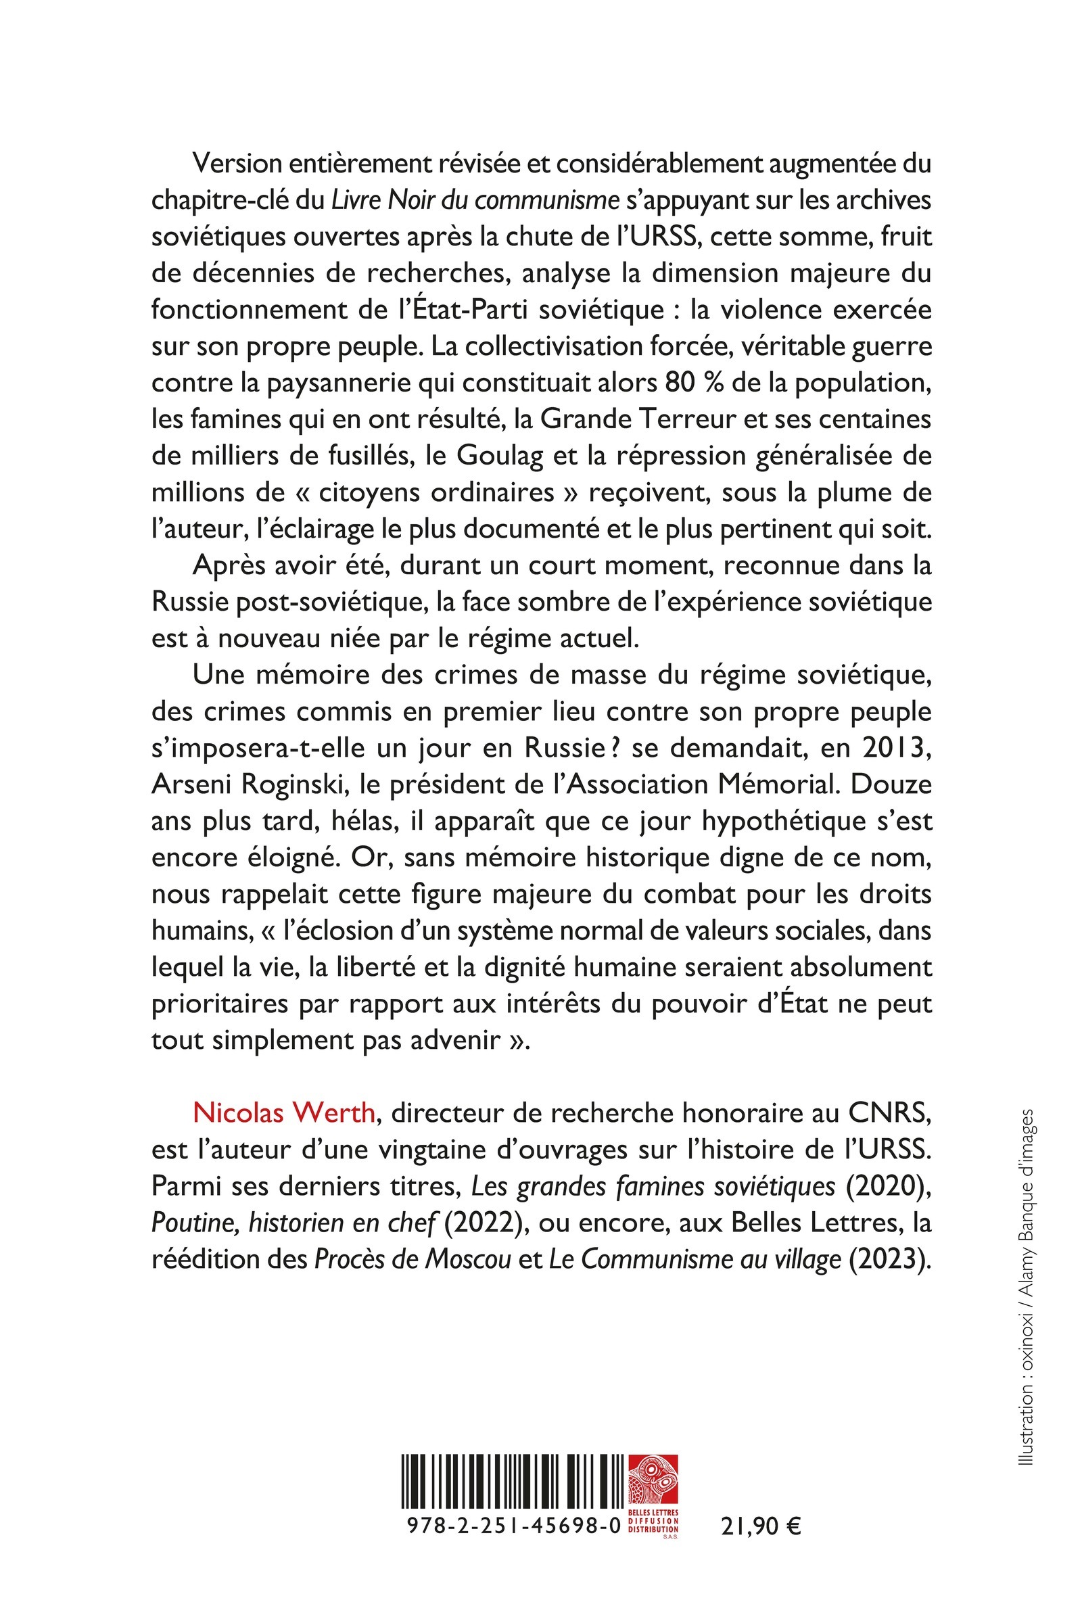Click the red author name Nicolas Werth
[x=283, y=1113]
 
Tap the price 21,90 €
[x=760, y=1526]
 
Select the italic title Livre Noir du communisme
[x=475, y=200]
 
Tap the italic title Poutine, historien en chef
[x=293, y=1223]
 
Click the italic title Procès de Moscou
[x=413, y=1259]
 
